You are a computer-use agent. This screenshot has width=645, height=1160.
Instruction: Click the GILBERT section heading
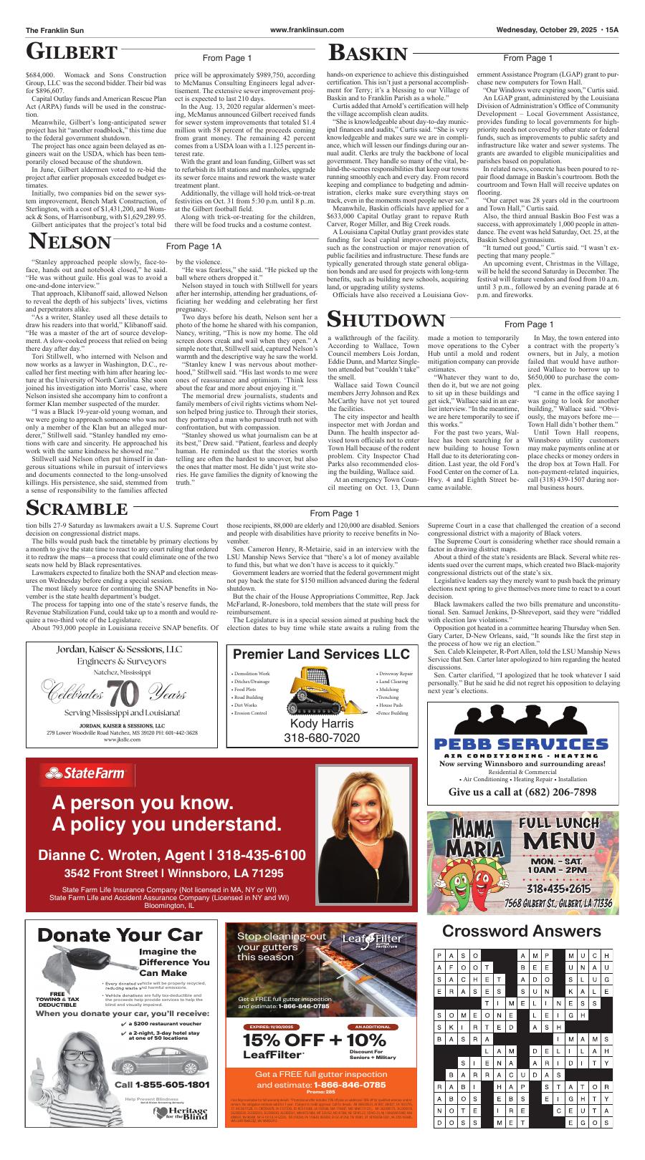(x=72, y=52)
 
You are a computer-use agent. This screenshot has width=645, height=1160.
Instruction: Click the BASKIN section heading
(x=368, y=53)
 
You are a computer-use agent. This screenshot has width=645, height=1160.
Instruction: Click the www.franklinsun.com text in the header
(x=307, y=29)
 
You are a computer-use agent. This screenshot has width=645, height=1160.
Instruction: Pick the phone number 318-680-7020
(x=322, y=738)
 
